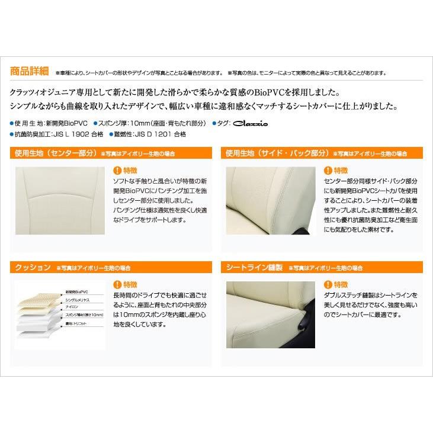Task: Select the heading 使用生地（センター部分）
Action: click(54, 153)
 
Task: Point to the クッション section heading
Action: click(32, 267)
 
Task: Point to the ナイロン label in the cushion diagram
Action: click(72, 308)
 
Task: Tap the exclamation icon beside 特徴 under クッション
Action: click(117, 284)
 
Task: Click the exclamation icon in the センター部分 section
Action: click(117, 170)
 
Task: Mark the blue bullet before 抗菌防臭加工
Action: click(12, 134)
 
